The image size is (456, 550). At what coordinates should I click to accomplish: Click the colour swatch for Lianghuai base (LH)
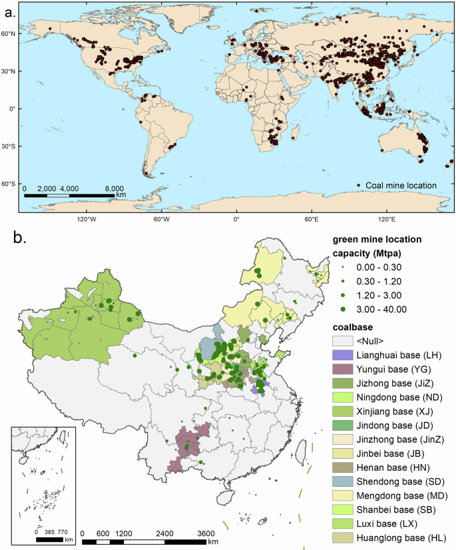pos(343,356)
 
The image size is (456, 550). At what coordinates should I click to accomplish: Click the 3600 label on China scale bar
pos(206,533)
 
